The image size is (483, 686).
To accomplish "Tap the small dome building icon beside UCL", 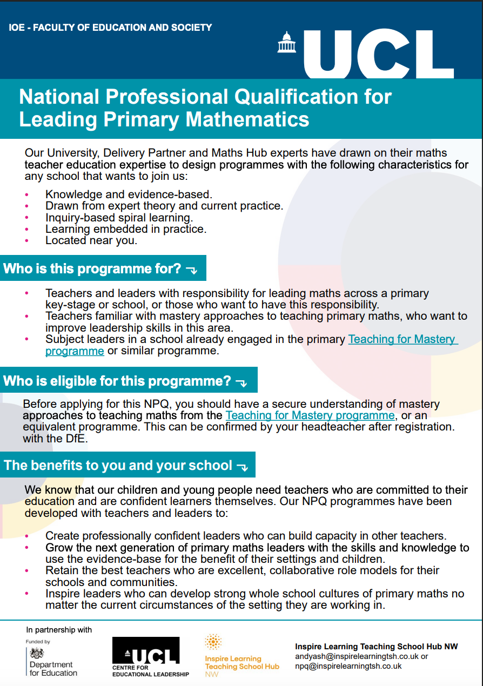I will (x=287, y=42).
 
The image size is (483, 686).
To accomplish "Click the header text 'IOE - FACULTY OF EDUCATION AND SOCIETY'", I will (x=110, y=28).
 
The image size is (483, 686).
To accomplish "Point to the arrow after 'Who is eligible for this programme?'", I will (x=241, y=382).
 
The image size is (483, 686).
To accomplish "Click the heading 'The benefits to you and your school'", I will (x=118, y=466).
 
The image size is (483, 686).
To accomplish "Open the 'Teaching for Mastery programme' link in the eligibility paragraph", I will (x=310, y=415).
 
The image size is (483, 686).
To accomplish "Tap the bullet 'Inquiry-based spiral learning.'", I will (x=119, y=218).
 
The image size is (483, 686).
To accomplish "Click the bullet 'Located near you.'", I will (x=91, y=240).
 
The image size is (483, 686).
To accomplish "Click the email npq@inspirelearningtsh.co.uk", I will (x=348, y=667).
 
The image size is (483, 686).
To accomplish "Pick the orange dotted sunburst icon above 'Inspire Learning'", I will (x=213, y=642).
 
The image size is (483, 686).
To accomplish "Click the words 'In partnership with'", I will (x=59, y=630).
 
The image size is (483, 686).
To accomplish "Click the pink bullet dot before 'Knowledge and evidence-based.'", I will (x=27, y=194).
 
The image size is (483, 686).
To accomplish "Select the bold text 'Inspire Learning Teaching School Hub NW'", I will (x=376, y=647).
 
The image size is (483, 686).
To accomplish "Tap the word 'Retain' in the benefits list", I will (x=62, y=570).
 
